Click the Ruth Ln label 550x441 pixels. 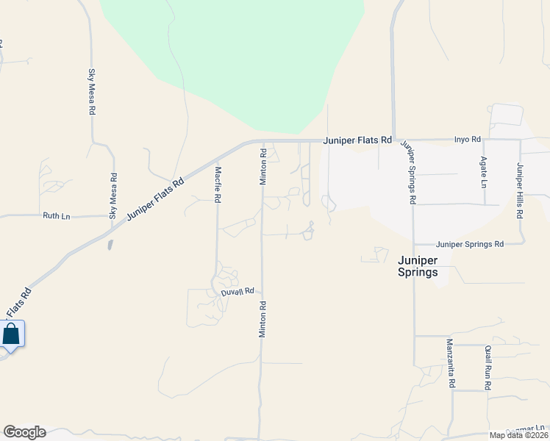[x=57, y=216]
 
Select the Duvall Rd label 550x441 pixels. [x=238, y=292]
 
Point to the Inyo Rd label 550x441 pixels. [x=467, y=139]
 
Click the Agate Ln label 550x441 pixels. [x=483, y=171]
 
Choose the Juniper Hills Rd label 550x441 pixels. [x=519, y=190]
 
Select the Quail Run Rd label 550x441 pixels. [x=488, y=367]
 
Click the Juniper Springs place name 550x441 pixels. [x=418, y=266]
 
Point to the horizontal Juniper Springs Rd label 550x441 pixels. [x=469, y=244]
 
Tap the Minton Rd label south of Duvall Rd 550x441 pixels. [x=261, y=319]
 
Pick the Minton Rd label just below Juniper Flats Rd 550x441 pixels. [x=262, y=166]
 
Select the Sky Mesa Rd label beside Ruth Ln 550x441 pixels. [x=113, y=196]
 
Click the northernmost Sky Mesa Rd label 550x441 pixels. [x=92, y=91]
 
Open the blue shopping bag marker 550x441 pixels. [x=12, y=334]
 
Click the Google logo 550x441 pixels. [x=24, y=432]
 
